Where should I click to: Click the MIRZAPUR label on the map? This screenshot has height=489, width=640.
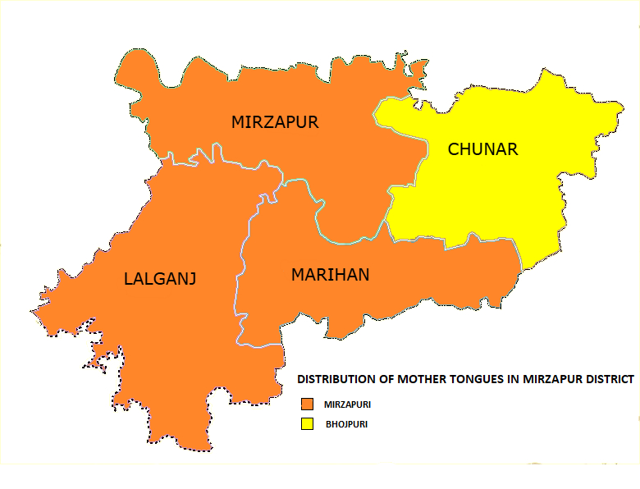tap(274, 123)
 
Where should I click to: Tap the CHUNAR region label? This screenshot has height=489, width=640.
tap(482, 149)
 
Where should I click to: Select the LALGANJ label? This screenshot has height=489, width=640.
tap(160, 279)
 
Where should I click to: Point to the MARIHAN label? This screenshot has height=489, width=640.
tap(330, 275)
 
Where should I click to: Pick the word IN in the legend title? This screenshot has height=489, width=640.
tap(516, 380)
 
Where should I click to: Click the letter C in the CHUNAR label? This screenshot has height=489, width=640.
tap(454, 149)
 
